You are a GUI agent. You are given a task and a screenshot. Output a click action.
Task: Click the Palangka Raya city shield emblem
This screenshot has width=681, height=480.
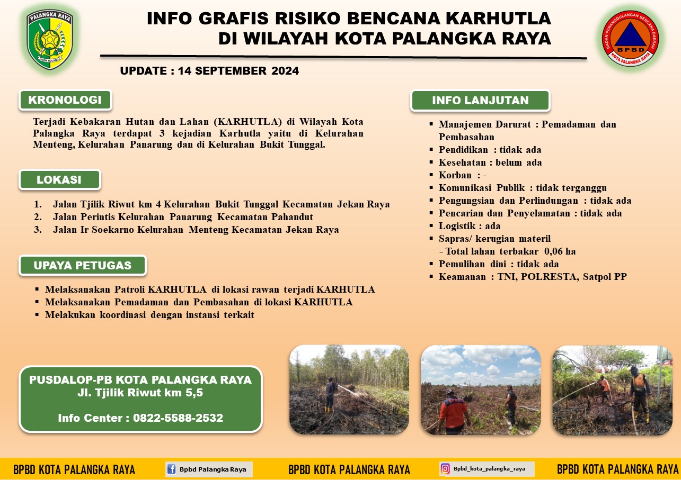[50, 39]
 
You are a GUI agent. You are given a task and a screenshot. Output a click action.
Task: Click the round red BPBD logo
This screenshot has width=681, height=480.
[630, 39]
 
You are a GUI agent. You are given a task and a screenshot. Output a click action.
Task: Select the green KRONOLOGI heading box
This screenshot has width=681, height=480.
[65, 100]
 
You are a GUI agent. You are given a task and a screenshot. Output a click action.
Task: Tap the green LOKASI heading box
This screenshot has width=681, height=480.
[59, 180]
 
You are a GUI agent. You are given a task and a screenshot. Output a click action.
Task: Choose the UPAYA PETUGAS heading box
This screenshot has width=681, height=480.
[83, 265]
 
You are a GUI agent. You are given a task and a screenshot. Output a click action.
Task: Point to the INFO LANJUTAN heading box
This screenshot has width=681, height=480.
[480, 101]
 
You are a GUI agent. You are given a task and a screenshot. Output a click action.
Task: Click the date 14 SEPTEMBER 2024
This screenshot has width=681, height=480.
[238, 71]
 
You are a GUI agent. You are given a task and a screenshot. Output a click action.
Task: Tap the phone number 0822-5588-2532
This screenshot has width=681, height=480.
[178, 418]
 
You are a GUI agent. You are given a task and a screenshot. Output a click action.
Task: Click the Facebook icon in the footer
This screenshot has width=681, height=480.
[171, 469]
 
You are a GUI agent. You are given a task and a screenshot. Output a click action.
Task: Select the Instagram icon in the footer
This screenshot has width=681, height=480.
[445, 469]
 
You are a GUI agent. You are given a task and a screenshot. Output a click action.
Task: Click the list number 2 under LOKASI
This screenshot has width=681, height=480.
[38, 217]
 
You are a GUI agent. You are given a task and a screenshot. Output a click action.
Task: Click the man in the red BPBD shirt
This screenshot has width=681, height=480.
[453, 412]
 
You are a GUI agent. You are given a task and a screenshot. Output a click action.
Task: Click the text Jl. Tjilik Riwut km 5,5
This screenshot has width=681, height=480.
[140, 393]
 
